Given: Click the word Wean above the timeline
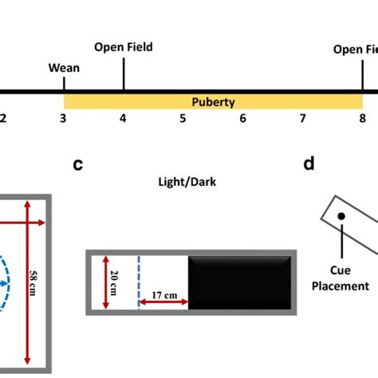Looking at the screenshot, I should [64, 68].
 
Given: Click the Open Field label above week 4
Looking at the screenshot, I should [123, 47].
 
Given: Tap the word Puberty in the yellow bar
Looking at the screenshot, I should [213, 102].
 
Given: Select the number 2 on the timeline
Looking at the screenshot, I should [3, 119].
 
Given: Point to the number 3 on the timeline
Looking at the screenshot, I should [63, 119].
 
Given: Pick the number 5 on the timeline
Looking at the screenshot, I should [183, 119].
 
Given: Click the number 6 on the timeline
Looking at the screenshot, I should [243, 119].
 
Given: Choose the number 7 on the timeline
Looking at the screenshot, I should [303, 119].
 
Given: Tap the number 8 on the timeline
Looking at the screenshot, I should [362, 119].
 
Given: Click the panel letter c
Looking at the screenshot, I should [77, 164].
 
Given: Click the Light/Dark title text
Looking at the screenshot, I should [187, 182].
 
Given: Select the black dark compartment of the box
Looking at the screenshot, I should [238, 282].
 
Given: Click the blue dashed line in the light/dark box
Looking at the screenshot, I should [139, 282].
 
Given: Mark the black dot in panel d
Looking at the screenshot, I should [341, 216].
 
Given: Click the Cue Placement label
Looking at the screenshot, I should [341, 278].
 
